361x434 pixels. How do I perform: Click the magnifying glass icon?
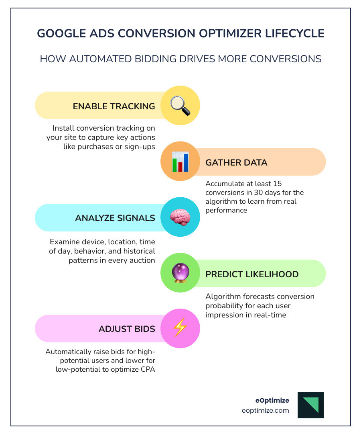tap(180, 106)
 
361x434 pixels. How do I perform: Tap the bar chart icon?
tap(180, 162)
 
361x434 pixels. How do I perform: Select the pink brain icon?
tap(180, 217)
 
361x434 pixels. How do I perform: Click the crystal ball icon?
tap(180, 274)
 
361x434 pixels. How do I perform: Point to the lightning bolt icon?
tap(180, 329)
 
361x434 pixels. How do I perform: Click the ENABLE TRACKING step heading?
tap(114, 106)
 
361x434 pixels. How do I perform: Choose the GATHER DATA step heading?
tap(236, 162)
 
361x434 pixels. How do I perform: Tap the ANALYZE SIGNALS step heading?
tap(115, 218)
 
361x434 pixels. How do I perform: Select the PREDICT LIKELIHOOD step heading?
tap(252, 274)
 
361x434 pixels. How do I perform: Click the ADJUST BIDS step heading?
tap(127, 329)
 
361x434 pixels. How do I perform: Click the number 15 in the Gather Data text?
tap(277, 184)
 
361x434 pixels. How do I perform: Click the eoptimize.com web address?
tap(265, 410)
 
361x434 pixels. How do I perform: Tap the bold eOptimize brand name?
tap(272, 400)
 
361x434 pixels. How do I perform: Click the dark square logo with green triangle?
tap(310, 405)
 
